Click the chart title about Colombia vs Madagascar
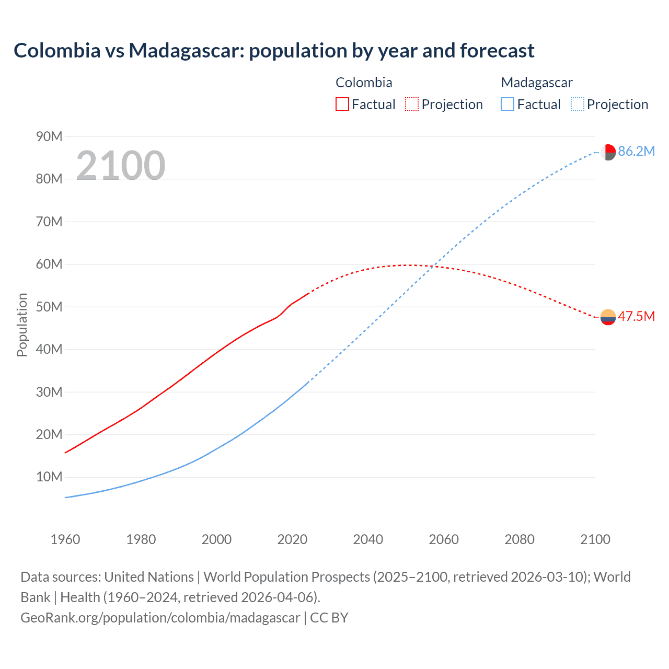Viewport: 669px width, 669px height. [x=274, y=51]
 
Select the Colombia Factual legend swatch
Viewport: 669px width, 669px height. [x=342, y=104]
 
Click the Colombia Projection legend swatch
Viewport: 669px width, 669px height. [x=412, y=104]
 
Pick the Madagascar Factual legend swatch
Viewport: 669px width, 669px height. [x=507, y=104]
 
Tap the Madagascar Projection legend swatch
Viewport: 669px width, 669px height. [x=578, y=104]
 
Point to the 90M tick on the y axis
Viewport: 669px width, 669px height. [x=49, y=136]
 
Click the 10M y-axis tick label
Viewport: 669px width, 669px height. [x=49, y=477]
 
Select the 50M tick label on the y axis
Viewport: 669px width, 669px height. [x=49, y=307]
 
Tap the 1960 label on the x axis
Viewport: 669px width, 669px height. [x=65, y=539]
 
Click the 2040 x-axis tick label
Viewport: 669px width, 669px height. [x=368, y=539]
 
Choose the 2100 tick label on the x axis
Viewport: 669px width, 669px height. [x=595, y=539]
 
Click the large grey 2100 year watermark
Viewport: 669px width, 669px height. [x=121, y=166]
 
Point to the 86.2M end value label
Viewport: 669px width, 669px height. [x=636, y=152]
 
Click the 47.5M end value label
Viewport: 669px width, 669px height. [x=636, y=316]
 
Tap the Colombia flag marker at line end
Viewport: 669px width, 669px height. [x=608, y=317]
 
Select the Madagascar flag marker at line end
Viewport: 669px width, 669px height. [x=608, y=152]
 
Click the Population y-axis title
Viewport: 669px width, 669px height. [x=22, y=325]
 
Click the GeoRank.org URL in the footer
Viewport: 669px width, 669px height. [x=160, y=617]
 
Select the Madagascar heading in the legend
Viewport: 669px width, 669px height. [x=537, y=83]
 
